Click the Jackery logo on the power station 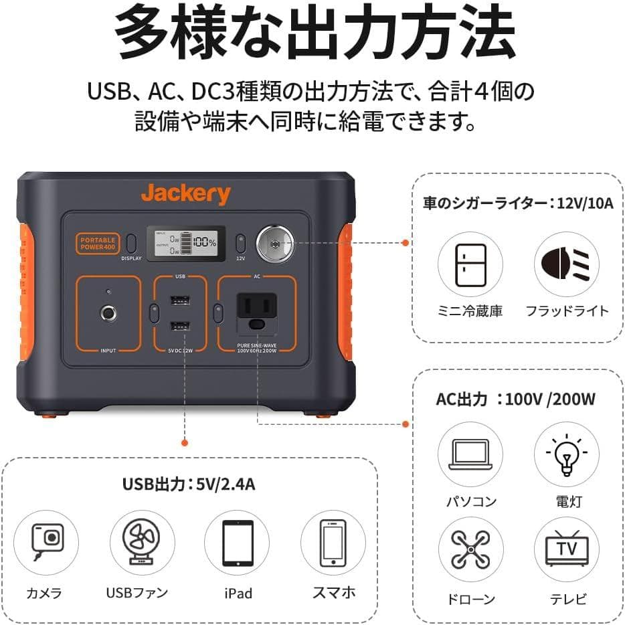click(185, 195)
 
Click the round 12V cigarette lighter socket click(274, 243)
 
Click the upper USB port click(179, 300)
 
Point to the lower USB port click(179, 327)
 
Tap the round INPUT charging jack click(107, 312)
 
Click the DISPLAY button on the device click(131, 243)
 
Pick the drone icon click(470, 550)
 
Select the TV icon click(567, 550)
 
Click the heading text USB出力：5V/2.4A click(188, 484)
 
